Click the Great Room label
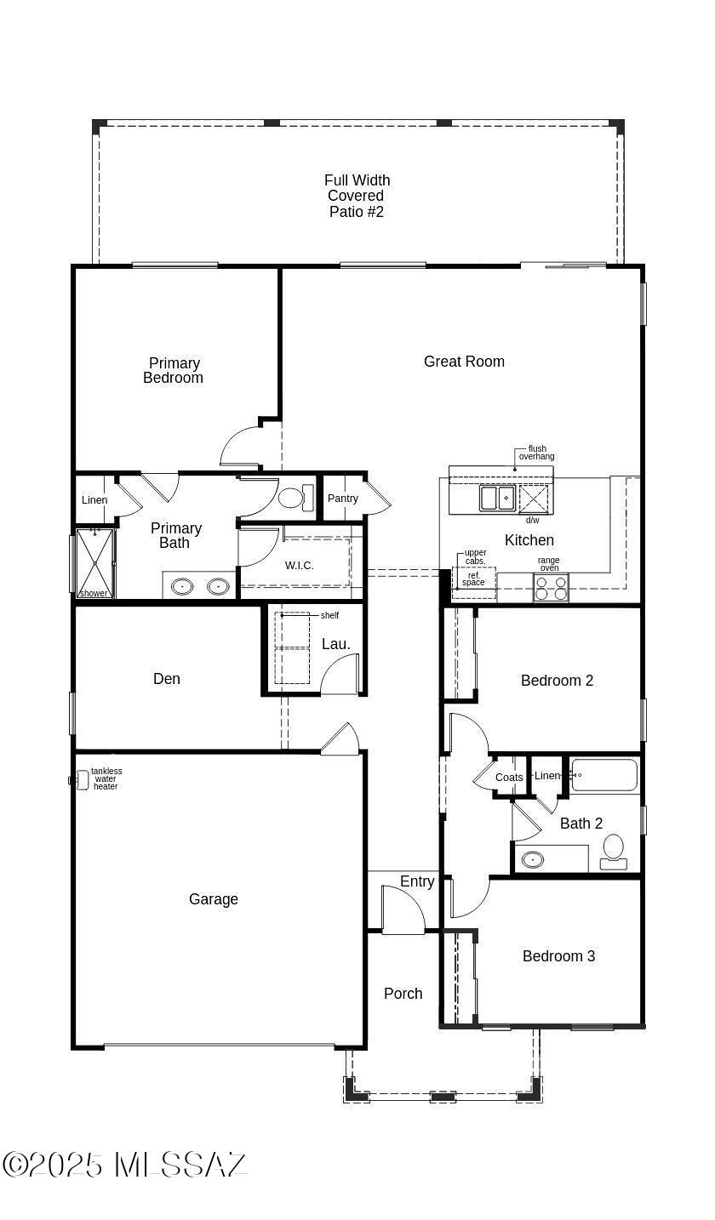click(464, 362)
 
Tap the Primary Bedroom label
click(174, 370)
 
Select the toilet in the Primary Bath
click(296, 497)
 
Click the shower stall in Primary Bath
click(94, 563)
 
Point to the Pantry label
click(343, 499)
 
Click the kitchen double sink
click(498, 498)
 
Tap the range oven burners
click(551, 588)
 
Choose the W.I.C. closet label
click(299, 566)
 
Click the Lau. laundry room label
click(335, 644)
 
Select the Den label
click(167, 679)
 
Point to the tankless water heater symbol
click(80, 780)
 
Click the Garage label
click(214, 899)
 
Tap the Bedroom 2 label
click(557, 681)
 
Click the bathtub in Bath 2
click(603, 775)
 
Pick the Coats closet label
click(509, 778)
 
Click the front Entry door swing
click(403, 910)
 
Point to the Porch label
click(403, 994)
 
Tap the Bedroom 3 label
click(558, 956)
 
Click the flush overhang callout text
click(537, 453)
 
